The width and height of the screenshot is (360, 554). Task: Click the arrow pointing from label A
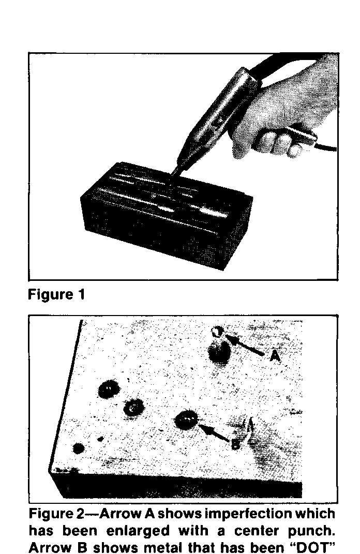[x=245, y=345]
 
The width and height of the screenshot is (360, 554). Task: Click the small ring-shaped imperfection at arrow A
[x=217, y=332]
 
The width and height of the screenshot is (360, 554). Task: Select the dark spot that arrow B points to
[x=186, y=420]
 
